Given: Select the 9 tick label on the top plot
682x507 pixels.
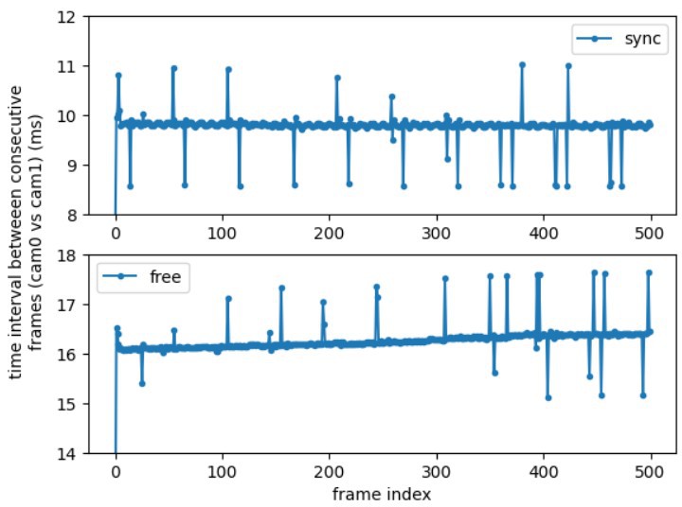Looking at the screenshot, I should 69,166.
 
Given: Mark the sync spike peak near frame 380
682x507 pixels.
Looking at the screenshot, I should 522,65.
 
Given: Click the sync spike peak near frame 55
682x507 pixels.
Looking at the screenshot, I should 173,68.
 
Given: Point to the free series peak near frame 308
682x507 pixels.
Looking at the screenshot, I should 445,278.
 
